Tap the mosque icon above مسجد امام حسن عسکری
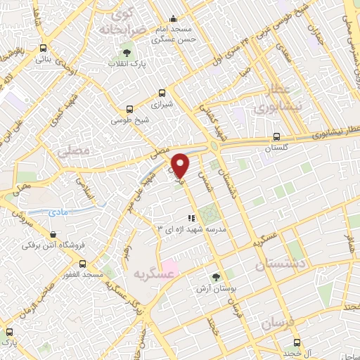click(x=173, y=19)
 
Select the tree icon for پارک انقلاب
click(x=127, y=52)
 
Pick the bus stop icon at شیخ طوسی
click(x=129, y=109)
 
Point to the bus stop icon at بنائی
click(x=44, y=49)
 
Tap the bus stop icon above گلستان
click(x=276, y=137)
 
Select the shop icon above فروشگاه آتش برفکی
click(x=53, y=235)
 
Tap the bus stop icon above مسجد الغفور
click(x=83, y=263)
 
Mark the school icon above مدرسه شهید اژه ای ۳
click(x=191, y=218)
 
